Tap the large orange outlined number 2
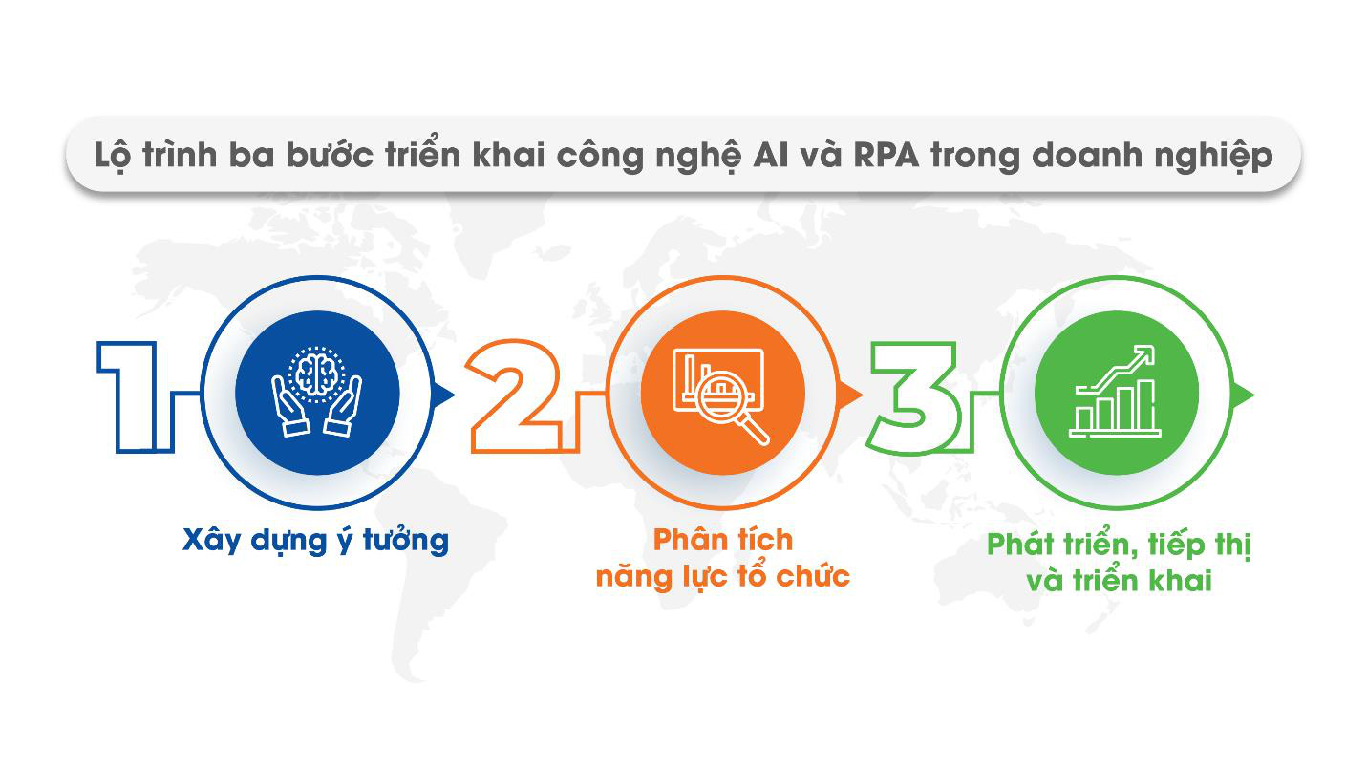click(x=516, y=394)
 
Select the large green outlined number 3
click(x=914, y=394)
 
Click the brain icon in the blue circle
click(x=317, y=374)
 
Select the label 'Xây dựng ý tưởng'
click(x=315, y=541)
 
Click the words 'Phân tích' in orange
click(x=722, y=540)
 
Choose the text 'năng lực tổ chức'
click(x=722, y=577)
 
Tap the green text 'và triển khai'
click(x=1119, y=581)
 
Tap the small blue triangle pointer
click(x=444, y=393)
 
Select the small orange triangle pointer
click(x=847, y=394)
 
